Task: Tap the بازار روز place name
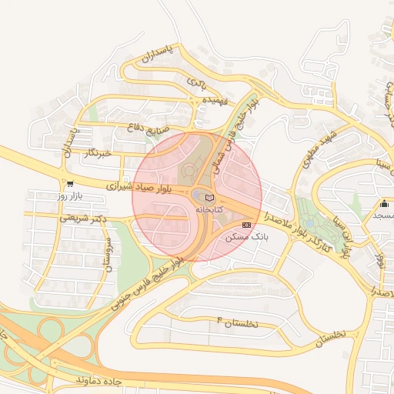point(70,197)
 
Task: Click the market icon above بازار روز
point(70,185)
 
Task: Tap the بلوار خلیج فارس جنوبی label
point(149,281)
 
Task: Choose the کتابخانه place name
point(209,209)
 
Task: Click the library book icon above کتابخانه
point(210,198)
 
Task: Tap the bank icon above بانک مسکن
point(246,225)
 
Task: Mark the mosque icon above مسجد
point(384,204)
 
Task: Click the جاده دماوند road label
point(100,380)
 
